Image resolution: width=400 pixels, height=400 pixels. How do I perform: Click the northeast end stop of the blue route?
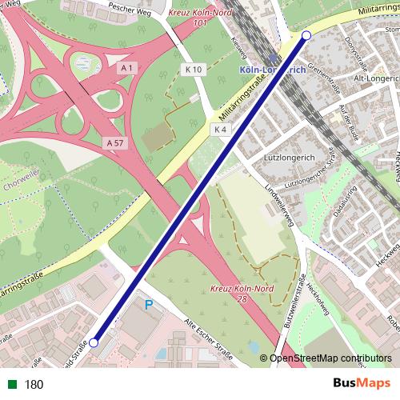tap(306, 35)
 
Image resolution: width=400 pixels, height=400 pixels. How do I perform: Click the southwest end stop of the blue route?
tap(94, 342)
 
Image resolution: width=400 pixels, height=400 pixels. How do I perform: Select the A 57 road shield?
tap(115, 142)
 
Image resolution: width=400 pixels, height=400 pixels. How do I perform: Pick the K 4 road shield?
tap(221, 129)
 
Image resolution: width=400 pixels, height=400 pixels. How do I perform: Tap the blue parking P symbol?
tap(148, 305)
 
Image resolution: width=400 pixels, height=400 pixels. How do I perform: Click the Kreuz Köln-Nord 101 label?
tap(199, 18)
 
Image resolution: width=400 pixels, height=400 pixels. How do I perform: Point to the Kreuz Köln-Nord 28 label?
tap(238, 292)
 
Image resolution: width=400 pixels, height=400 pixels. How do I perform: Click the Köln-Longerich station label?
tap(272, 70)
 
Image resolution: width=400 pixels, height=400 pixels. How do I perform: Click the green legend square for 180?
tap(14, 384)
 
